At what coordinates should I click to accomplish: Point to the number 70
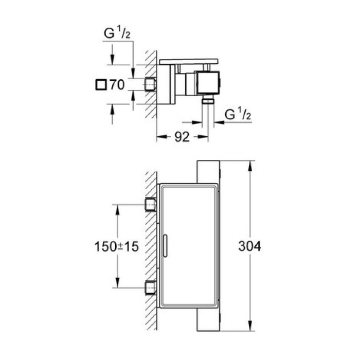117,85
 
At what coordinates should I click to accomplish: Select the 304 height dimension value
250,246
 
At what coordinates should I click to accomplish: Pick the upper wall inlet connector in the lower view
151,204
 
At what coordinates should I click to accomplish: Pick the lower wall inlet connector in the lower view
151,287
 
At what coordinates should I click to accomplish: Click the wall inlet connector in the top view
150,83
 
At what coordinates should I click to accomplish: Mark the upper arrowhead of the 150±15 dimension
118,207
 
